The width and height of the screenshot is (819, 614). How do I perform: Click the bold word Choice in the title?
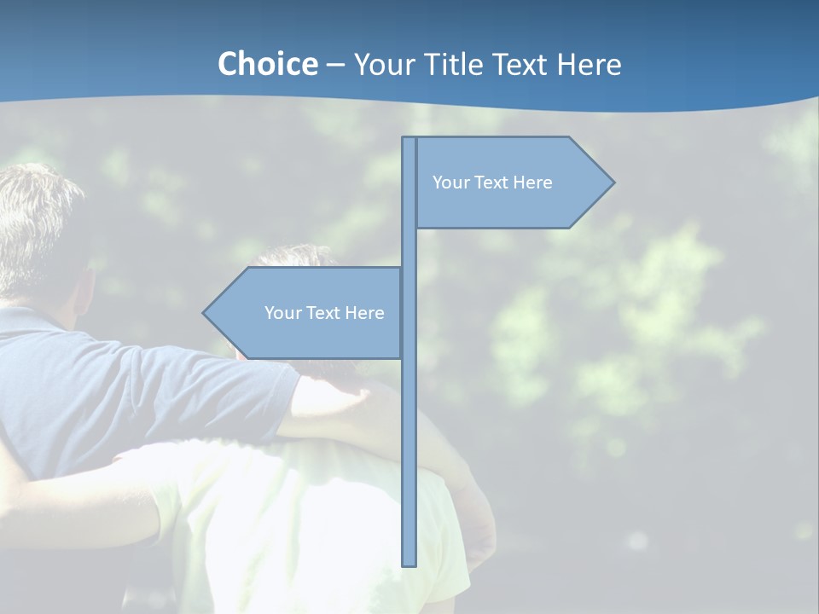[267, 64]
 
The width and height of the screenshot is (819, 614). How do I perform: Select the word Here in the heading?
[589, 64]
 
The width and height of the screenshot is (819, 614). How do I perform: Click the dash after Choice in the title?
[335, 65]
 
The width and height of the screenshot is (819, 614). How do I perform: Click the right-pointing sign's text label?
[492, 182]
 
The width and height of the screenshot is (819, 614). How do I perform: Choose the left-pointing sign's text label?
[324, 313]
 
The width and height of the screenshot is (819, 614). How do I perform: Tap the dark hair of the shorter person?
[294, 256]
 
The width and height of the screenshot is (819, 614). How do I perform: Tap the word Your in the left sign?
[282, 313]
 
